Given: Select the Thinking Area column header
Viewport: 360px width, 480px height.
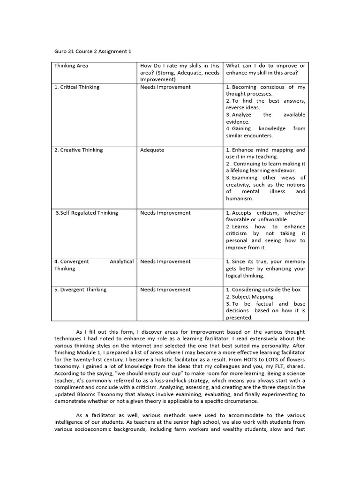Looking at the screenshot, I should point(71,66).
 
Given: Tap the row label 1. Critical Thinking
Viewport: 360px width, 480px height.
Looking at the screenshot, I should point(77,87).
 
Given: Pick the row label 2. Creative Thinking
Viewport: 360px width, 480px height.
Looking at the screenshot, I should point(78,150).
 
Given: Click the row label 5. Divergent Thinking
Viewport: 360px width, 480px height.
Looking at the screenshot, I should point(80,290).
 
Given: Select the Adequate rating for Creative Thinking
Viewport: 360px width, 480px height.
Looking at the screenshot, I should point(152,150).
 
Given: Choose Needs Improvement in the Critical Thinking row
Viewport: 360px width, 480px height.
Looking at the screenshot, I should point(165,87).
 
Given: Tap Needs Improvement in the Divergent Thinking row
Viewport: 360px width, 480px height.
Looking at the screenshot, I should point(165,290).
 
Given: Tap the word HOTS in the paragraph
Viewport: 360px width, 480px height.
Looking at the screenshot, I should point(221,360).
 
